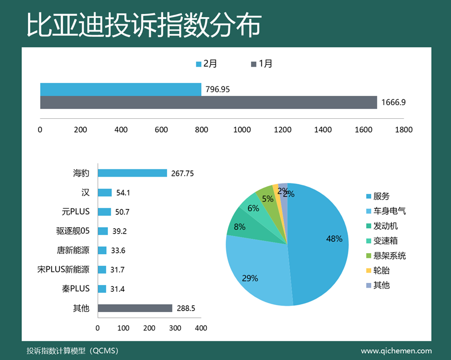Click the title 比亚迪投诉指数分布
[144, 25]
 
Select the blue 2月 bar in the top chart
[120, 89]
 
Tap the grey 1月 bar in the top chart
[208, 102]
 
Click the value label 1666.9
[393, 103]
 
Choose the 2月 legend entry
[207, 64]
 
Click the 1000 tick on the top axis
[242, 130]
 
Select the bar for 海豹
[132, 173]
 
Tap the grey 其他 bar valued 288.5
[135, 308]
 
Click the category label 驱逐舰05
[73, 231]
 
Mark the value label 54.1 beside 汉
[123, 193]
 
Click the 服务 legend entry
[381, 196]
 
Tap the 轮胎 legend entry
[381, 270]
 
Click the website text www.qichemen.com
[396, 351]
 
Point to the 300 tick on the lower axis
[175, 328]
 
